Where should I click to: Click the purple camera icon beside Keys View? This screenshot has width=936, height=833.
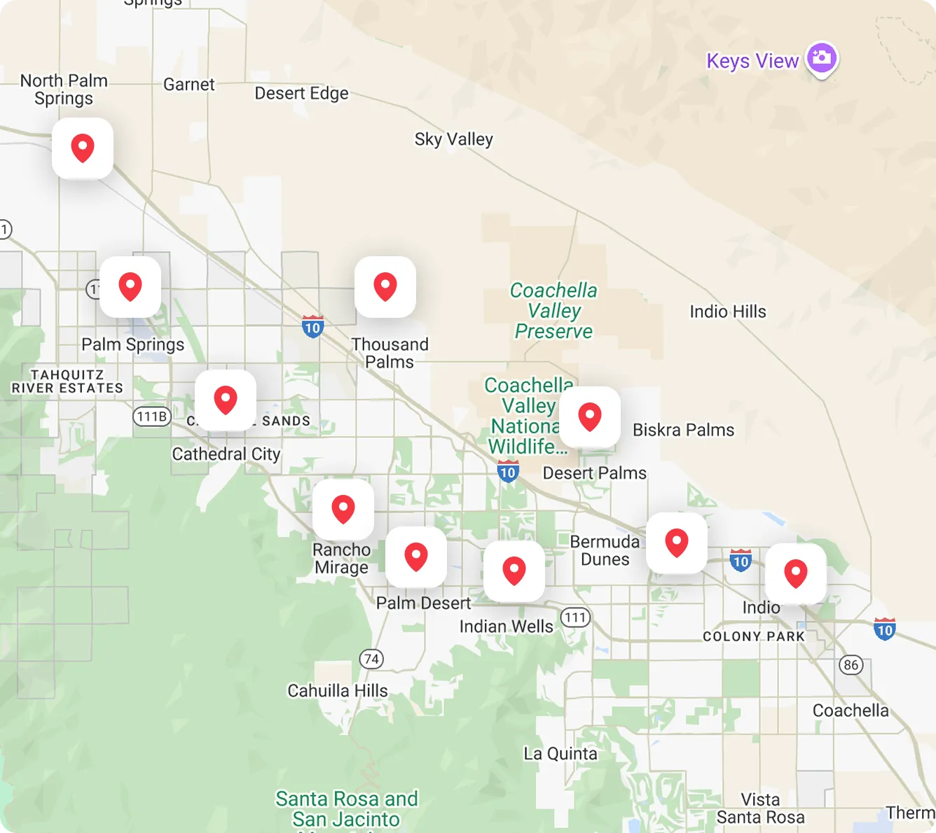822,58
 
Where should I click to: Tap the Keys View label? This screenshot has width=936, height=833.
752,62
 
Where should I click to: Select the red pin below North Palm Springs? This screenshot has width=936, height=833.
83,148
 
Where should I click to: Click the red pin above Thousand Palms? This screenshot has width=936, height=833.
385,287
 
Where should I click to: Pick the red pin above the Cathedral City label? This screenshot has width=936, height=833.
226,400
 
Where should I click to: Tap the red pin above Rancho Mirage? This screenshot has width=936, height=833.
343,510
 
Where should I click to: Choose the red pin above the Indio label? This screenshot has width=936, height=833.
796,574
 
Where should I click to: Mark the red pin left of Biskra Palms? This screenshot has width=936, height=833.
590,417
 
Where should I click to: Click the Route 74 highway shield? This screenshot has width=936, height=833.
371,659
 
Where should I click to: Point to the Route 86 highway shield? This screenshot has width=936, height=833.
851,665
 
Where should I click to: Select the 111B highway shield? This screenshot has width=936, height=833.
152,416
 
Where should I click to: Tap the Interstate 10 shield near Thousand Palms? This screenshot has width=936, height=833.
312,327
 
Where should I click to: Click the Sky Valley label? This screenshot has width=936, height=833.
453,139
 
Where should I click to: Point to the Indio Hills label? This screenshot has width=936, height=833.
728,311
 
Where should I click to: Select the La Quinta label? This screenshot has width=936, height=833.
560,754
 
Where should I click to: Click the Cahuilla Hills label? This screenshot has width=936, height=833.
338,691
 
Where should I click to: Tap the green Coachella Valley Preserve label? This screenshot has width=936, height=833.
553,311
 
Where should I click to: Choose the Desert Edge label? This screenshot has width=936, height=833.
301,93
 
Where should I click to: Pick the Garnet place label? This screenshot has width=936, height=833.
188,85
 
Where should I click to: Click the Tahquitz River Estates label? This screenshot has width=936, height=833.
67,381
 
